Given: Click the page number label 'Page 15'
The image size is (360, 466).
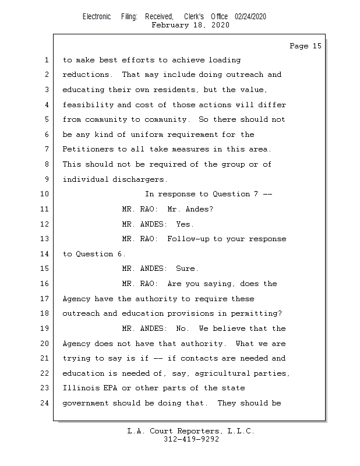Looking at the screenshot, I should (x=305, y=46).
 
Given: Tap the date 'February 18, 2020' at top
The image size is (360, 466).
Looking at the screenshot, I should (x=190, y=25).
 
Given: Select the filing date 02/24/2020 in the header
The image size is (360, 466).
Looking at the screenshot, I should (x=250, y=16).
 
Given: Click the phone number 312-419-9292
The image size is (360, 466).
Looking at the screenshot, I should (x=191, y=439).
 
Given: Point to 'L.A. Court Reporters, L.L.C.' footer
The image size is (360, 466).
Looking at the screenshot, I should (x=191, y=431).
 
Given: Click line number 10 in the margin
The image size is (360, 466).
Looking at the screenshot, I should (x=45, y=194).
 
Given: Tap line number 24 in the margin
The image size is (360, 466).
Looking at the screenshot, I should (x=45, y=403).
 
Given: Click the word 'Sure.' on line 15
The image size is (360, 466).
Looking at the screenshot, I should (x=188, y=269).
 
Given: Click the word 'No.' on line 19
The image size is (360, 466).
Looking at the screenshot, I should (x=183, y=329).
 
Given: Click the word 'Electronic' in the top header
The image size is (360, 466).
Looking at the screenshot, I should (x=97, y=16).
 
